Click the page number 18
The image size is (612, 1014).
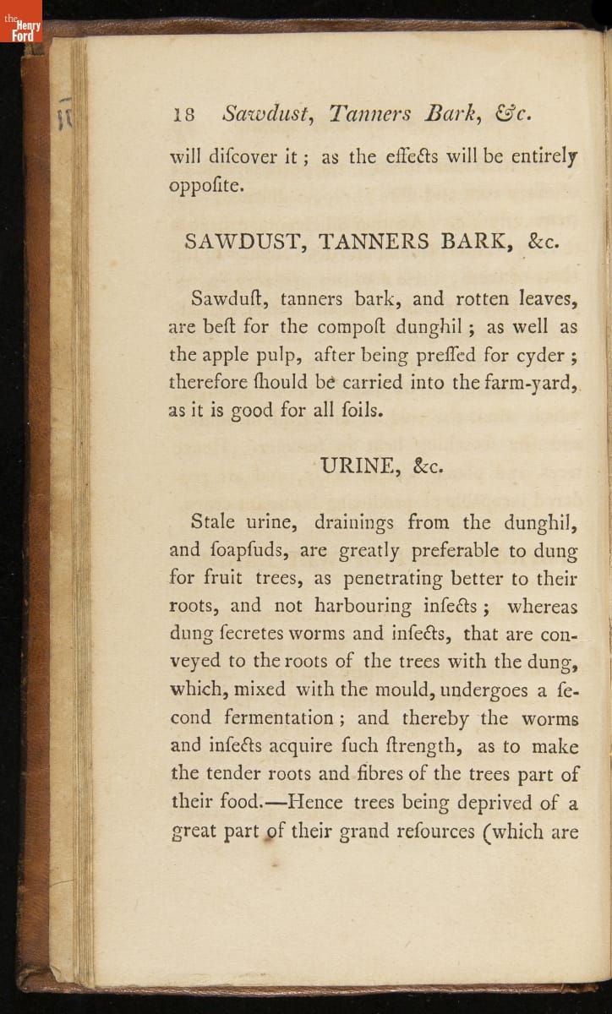pos(183,115)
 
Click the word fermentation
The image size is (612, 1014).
pos(279,718)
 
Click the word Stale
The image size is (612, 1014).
pos(217,523)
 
